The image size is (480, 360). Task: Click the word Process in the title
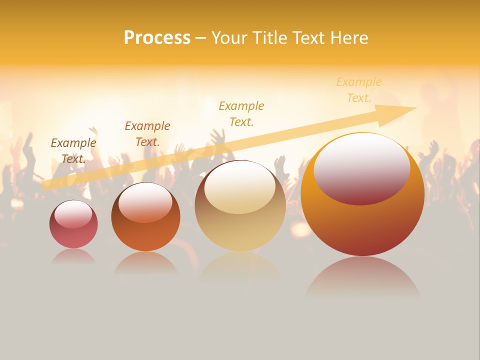pyautogui.click(x=157, y=38)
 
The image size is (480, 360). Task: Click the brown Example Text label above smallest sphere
pyautogui.click(x=73, y=150)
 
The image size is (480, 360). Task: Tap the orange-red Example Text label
pyautogui.click(x=147, y=133)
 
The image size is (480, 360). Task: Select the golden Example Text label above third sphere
pyautogui.click(x=241, y=113)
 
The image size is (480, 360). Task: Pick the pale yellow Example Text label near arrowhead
pyautogui.click(x=359, y=89)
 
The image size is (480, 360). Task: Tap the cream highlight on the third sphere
pyautogui.click(x=240, y=187)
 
